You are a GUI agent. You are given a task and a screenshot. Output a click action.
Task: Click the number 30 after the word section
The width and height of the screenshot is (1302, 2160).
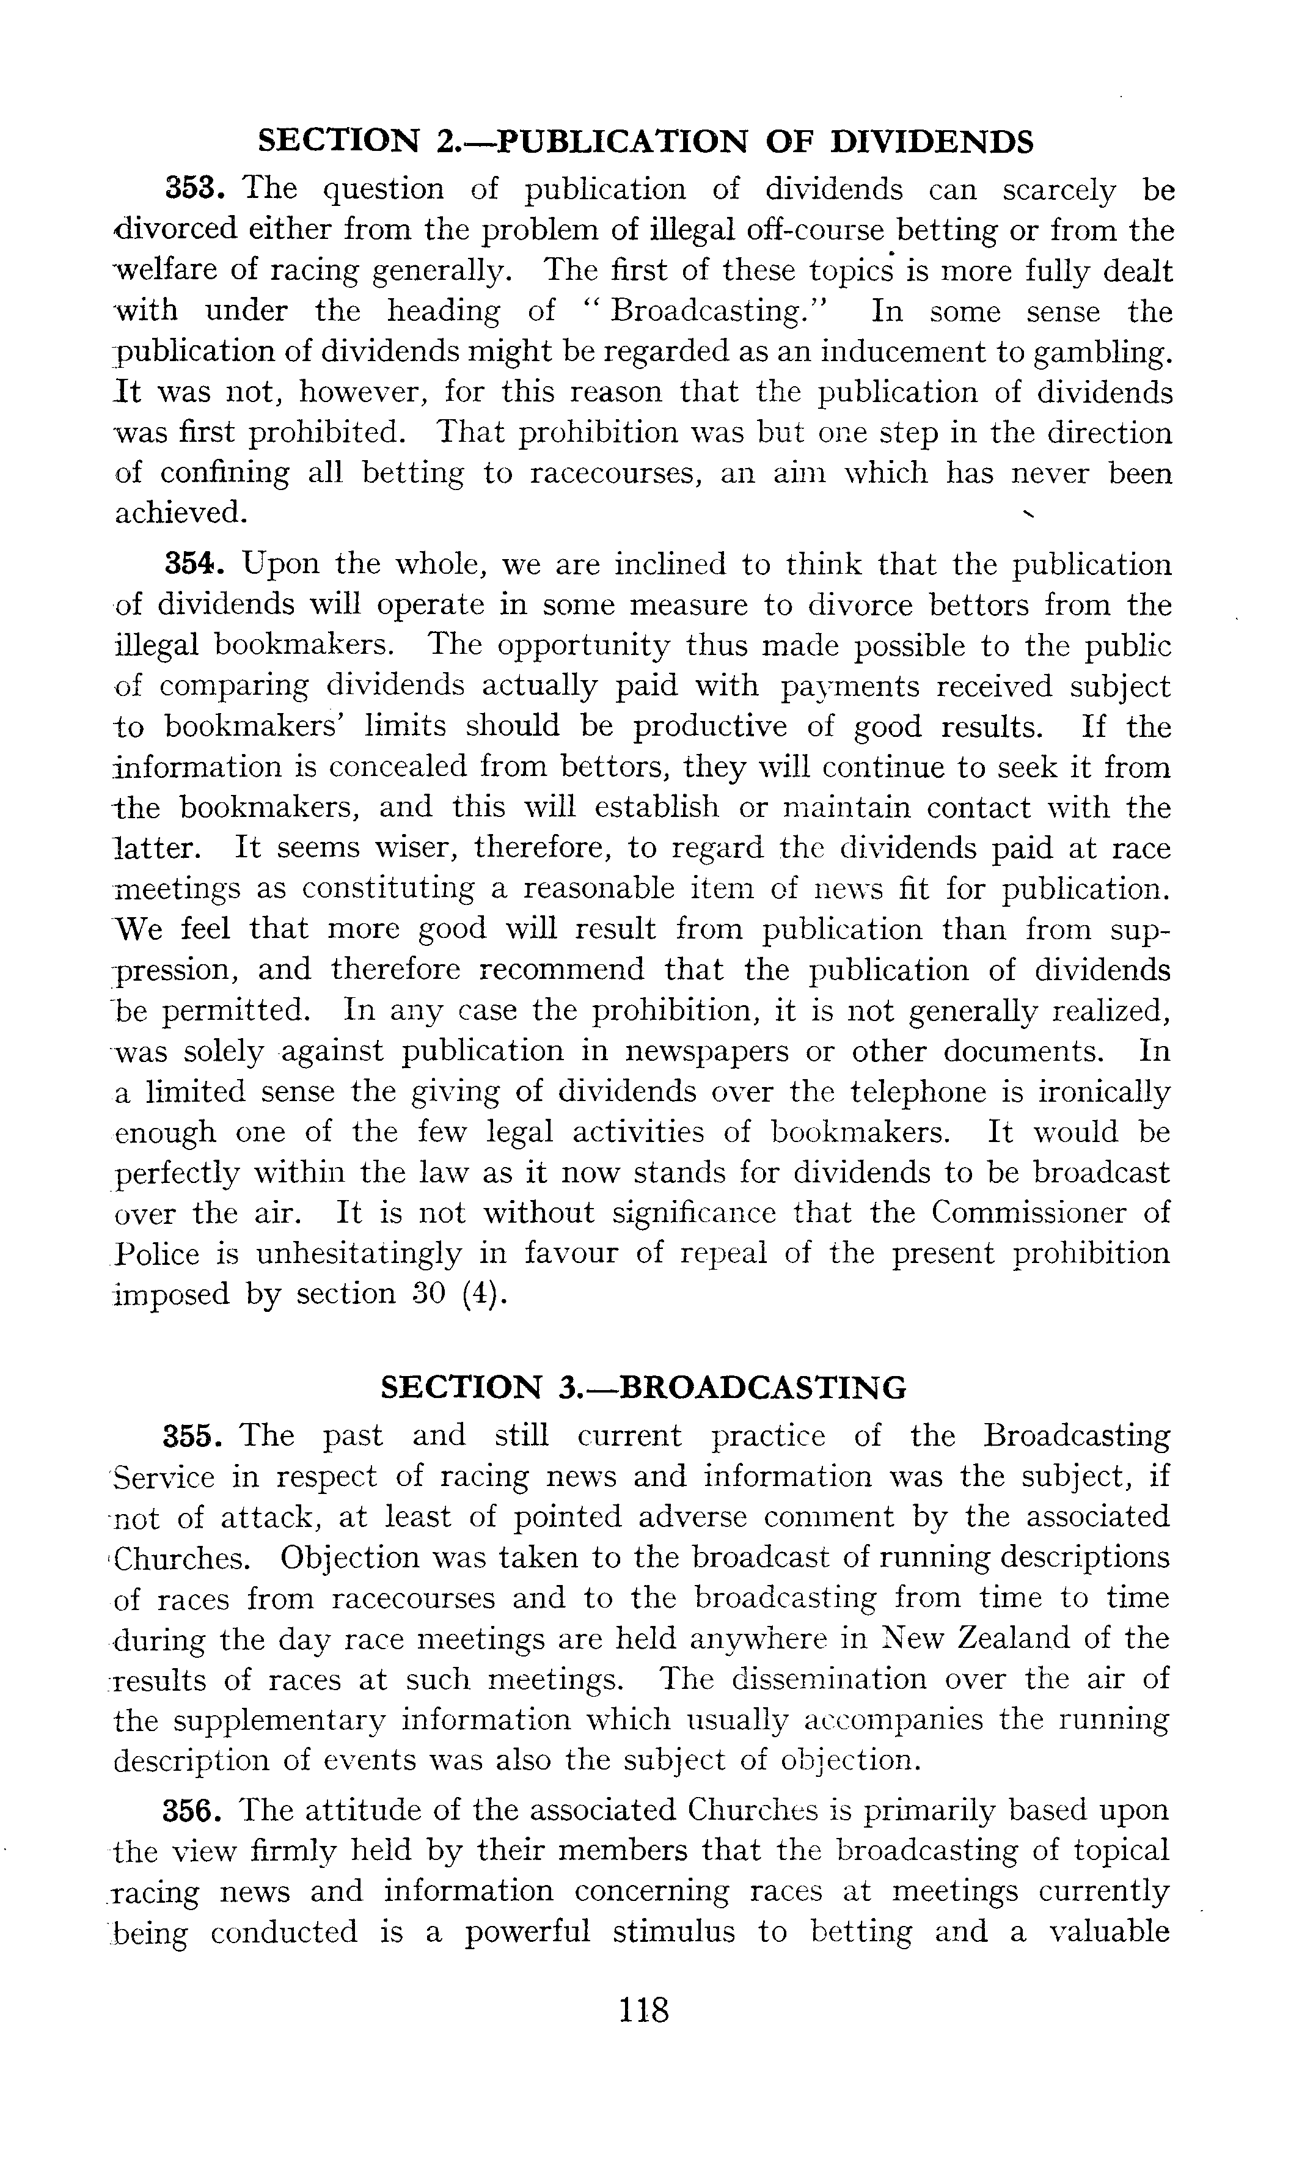pyautogui.click(x=431, y=1294)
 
